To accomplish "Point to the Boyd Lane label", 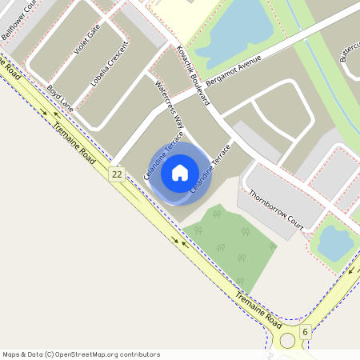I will click(60, 98).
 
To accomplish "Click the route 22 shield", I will click(118, 174).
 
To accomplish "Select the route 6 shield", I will click(305, 331).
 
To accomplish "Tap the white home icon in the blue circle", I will click(180, 171).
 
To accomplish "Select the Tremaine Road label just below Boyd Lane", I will click(77, 131).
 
